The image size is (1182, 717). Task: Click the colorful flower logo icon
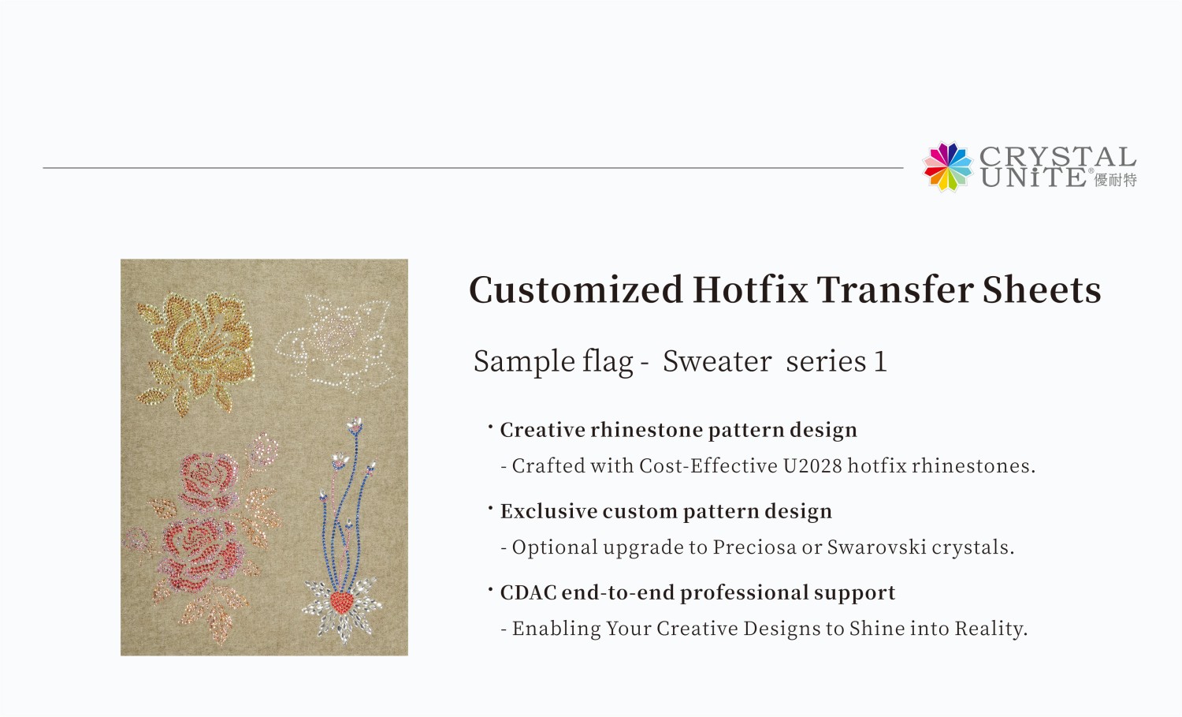[948, 167]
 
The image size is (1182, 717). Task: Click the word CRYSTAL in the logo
[1057, 156]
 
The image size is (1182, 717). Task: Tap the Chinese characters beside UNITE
[1116, 180]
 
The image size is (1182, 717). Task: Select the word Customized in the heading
[576, 289]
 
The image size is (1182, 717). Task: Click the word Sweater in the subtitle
[717, 361]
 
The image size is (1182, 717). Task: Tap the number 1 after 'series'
[880, 361]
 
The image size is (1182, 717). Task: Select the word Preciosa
[754, 547]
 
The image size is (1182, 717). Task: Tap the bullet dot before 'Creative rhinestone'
[490, 428]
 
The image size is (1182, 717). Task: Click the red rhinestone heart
[341, 603]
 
